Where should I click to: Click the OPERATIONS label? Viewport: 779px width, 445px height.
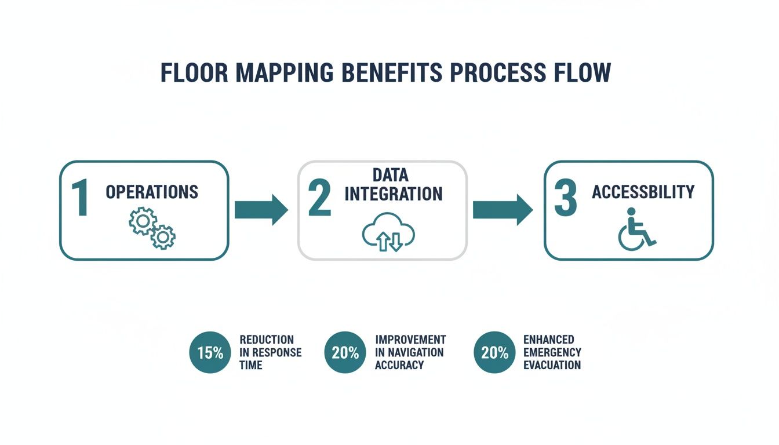point(152,192)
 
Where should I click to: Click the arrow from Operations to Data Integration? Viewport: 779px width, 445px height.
point(261,210)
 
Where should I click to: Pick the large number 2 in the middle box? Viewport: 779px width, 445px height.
point(319,198)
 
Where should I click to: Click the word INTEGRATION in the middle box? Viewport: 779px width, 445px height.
point(394,194)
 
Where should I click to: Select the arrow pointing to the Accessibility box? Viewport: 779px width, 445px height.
point(502,210)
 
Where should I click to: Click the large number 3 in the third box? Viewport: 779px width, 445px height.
point(565,199)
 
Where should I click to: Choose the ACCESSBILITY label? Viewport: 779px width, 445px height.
point(643,192)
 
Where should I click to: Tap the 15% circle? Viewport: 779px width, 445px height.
point(210,352)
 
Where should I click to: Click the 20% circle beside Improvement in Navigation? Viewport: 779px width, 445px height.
point(345,352)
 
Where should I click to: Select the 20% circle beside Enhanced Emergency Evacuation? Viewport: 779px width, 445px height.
point(494,352)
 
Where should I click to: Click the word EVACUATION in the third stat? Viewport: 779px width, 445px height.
point(552,365)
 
